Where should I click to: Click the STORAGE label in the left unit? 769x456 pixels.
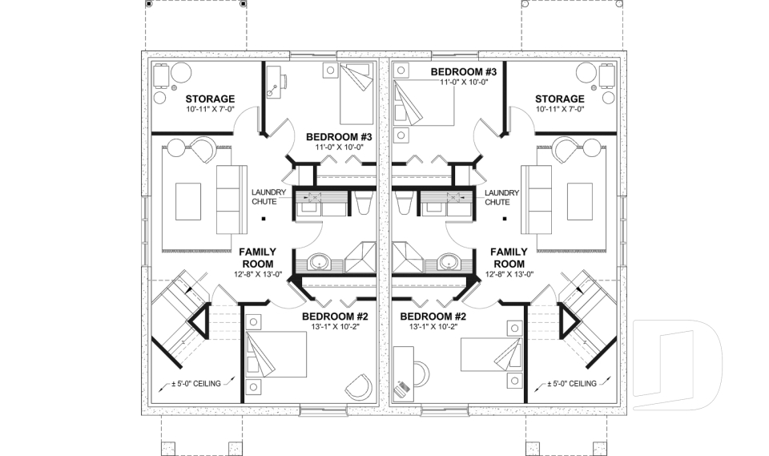point(187,99)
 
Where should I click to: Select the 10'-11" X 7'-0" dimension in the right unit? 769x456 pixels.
point(559,109)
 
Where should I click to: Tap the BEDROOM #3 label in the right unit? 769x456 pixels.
point(464,72)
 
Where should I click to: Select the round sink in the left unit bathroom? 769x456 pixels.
point(320,261)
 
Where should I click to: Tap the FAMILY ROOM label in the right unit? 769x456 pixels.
point(509,257)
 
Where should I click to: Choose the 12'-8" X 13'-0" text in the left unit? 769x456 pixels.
point(258,275)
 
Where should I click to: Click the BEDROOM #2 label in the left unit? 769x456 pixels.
point(335,317)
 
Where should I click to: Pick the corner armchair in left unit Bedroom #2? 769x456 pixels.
point(359,388)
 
